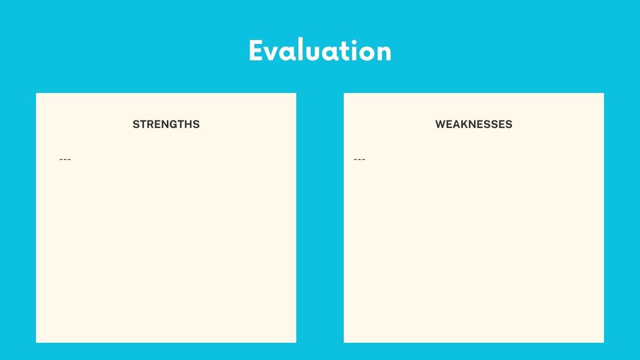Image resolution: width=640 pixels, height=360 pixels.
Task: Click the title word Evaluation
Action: [320, 50]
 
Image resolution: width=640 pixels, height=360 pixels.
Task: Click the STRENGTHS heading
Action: [166, 124]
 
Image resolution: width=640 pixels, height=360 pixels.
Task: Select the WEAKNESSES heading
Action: [473, 124]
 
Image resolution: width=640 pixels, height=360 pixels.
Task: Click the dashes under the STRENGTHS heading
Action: [65, 159]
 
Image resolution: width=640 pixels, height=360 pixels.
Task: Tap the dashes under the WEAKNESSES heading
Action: [359, 159]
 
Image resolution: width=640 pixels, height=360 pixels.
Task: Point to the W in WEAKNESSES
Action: [441, 124]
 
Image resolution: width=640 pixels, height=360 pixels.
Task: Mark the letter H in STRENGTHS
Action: [188, 124]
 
